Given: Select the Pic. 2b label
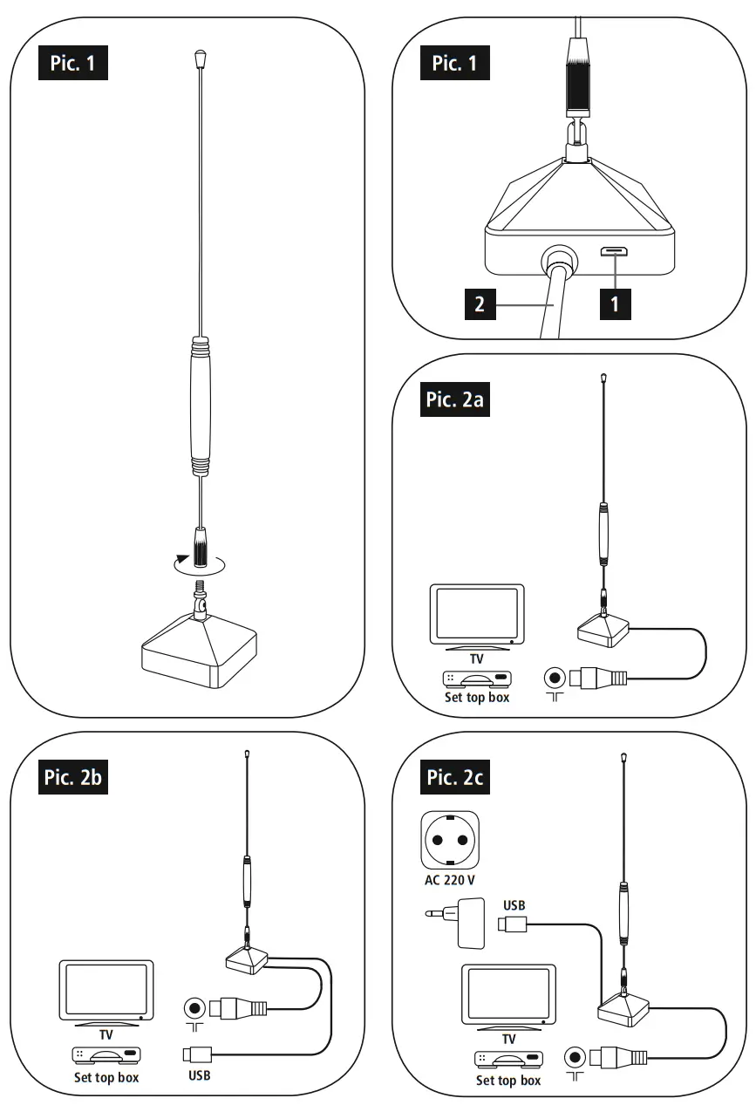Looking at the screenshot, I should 73,777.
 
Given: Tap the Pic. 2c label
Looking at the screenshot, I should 453,777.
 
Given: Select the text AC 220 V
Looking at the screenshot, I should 450,880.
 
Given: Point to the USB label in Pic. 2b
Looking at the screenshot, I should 199,1075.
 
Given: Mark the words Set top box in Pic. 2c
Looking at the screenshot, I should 507,1081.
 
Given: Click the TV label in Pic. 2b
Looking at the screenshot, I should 106,1035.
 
